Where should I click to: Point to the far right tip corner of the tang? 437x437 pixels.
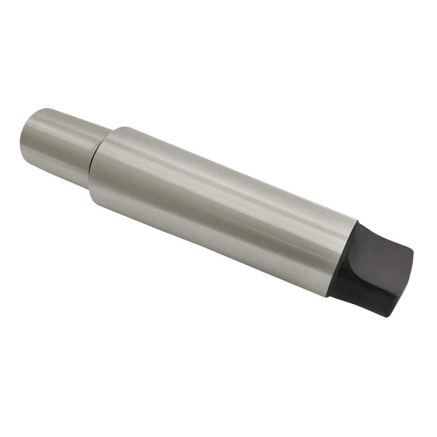[x=413, y=253]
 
